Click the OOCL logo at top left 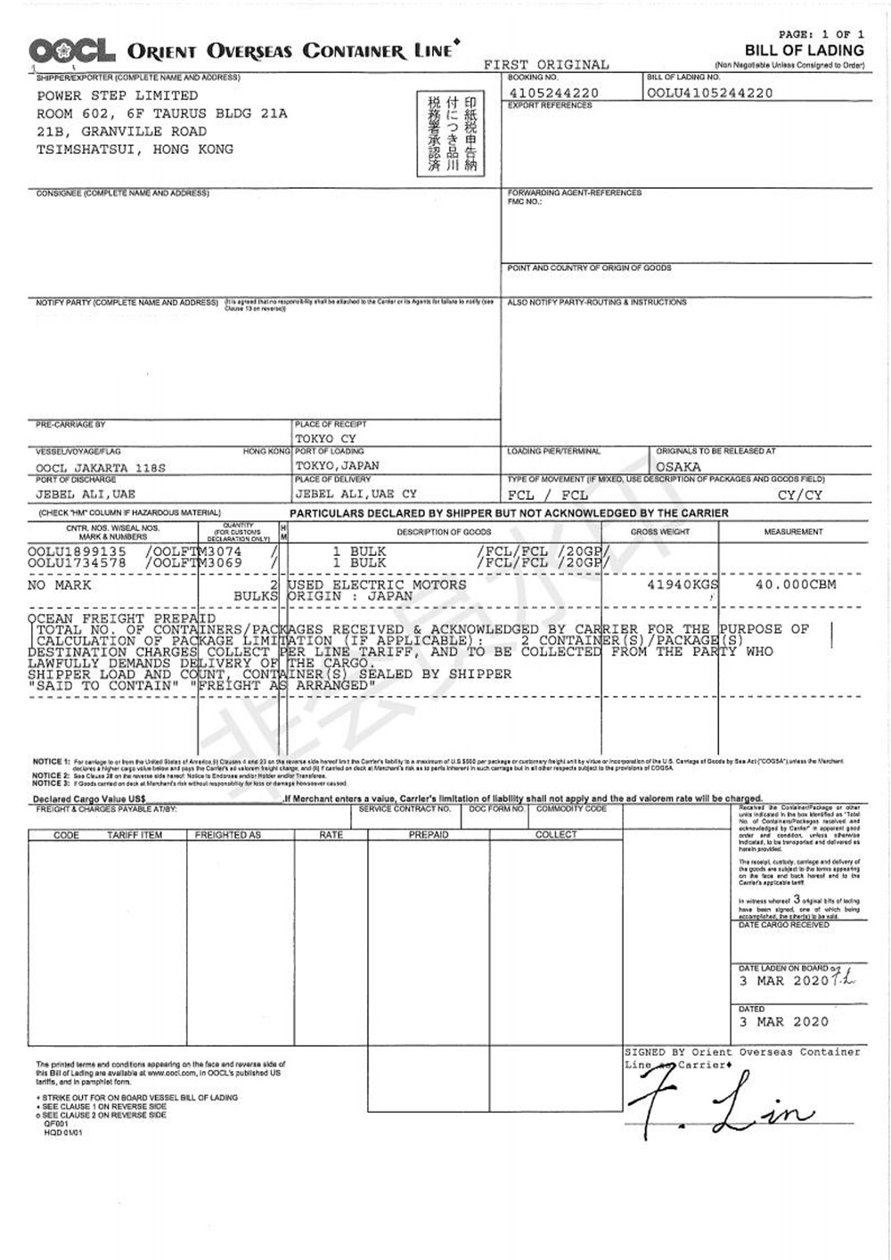click(71, 51)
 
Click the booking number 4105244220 click(554, 93)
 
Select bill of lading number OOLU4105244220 click(710, 93)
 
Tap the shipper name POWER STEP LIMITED click(118, 95)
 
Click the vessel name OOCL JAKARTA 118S click(101, 468)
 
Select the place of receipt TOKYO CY click(326, 438)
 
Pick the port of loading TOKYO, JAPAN click(338, 465)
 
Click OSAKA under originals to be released click(679, 467)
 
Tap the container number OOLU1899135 click(77, 552)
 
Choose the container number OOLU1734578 click(77, 563)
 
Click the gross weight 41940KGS click(683, 585)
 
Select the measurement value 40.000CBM click(792, 585)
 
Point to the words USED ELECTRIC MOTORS click(378, 585)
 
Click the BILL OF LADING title click(805, 51)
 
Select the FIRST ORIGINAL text click(547, 65)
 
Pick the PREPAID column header click(429, 835)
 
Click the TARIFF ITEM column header click(135, 835)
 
